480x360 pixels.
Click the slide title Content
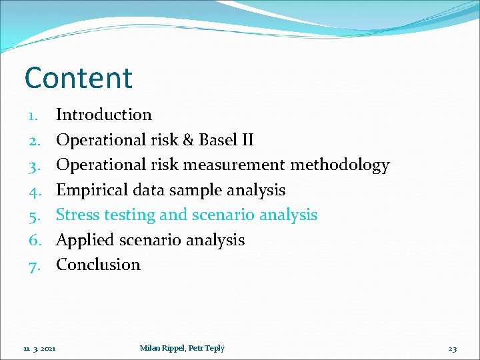[79, 78]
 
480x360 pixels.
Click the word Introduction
[103, 115]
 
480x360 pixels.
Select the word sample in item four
[197, 190]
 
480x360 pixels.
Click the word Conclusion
[98, 265]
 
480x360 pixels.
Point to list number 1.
[35, 115]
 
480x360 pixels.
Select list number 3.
[35, 165]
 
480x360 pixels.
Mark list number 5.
[35, 215]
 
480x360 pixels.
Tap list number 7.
[35, 265]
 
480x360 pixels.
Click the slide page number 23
[452, 348]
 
